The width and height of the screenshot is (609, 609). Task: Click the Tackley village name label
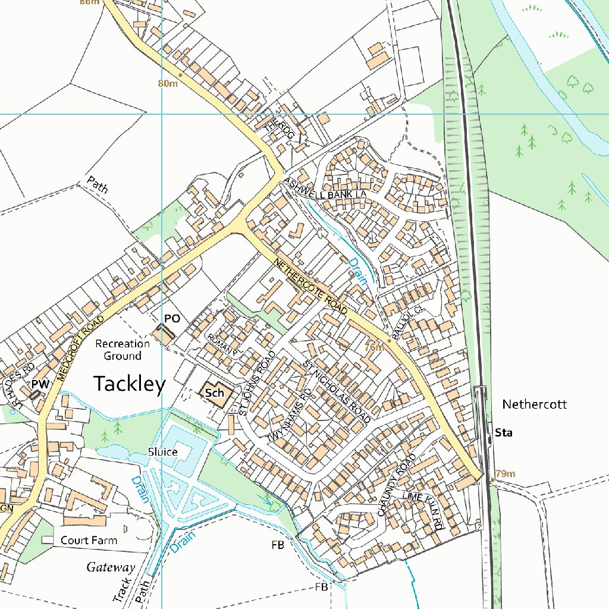tap(129, 384)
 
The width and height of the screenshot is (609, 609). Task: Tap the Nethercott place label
tap(534, 404)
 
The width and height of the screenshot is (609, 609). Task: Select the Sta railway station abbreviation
tap(504, 433)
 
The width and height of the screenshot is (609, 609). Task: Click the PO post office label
tap(172, 319)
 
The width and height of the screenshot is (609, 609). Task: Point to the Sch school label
tap(214, 393)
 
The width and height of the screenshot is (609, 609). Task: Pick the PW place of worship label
tap(40, 384)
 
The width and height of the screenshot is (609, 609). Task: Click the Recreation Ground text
tap(123, 350)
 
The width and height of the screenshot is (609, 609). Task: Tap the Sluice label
tap(162, 452)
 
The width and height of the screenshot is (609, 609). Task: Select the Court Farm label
tap(89, 540)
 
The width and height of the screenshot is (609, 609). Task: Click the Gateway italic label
tap(111, 567)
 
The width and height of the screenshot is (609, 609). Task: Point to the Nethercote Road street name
tap(310, 286)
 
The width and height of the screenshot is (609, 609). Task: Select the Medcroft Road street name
tap(81, 348)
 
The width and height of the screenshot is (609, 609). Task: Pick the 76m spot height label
tap(373, 347)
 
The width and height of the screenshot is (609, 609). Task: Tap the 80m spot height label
tap(168, 83)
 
